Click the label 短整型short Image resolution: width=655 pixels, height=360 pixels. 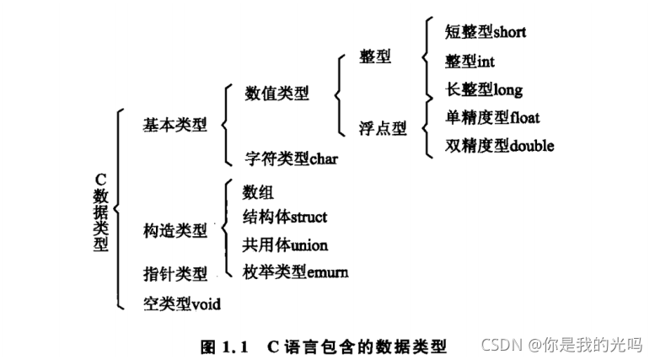[x=485, y=32]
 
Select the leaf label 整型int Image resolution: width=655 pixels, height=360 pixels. [x=470, y=62]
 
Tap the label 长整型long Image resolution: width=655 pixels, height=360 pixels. [x=484, y=89]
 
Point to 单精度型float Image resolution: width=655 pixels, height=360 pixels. [x=492, y=117]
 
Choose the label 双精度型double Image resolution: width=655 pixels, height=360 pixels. [x=499, y=145]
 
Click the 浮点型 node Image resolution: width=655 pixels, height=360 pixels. [x=383, y=129]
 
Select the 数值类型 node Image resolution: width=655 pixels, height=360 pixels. [x=276, y=93]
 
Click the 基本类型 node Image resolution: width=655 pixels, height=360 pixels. [x=174, y=124]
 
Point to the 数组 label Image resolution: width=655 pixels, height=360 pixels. [x=258, y=193]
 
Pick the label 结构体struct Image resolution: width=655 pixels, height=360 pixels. [x=284, y=217]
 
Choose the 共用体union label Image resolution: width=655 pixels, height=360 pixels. [x=284, y=244]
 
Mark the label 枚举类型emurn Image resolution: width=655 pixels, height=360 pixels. [x=295, y=272]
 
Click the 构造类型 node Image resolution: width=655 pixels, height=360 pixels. [x=174, y=229]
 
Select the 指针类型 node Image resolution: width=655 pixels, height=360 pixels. [x=174, y=273]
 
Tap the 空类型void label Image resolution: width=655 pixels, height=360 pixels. [x=181, y=303]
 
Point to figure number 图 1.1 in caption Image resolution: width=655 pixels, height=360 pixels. [x=222, y=346]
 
